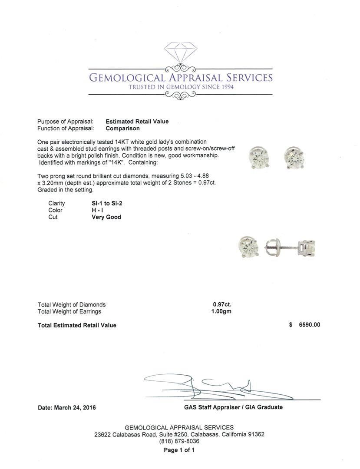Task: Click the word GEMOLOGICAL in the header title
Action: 126,78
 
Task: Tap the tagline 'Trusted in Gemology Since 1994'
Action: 181,87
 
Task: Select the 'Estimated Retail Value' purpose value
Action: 137,122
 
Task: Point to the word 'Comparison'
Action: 122,129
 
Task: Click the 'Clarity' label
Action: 56,203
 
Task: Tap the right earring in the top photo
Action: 294,157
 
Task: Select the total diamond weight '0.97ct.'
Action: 222,304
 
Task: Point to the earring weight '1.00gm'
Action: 221,311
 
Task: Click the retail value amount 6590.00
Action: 309,325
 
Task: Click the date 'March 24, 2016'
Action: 75,408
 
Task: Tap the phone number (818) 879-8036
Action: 179,441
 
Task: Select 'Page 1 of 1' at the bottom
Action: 179,450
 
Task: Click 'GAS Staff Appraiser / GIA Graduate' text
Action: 233,407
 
